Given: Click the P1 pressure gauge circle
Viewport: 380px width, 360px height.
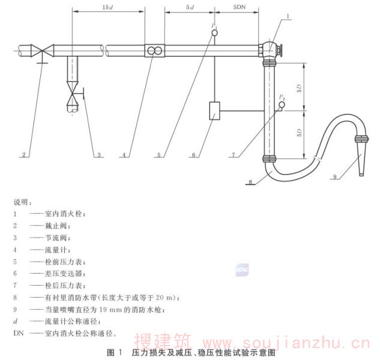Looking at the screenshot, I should click(214, 34).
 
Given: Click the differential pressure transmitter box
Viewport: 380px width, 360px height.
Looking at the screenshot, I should click(215, 112).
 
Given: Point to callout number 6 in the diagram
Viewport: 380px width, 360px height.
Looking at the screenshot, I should click(193, 155).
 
